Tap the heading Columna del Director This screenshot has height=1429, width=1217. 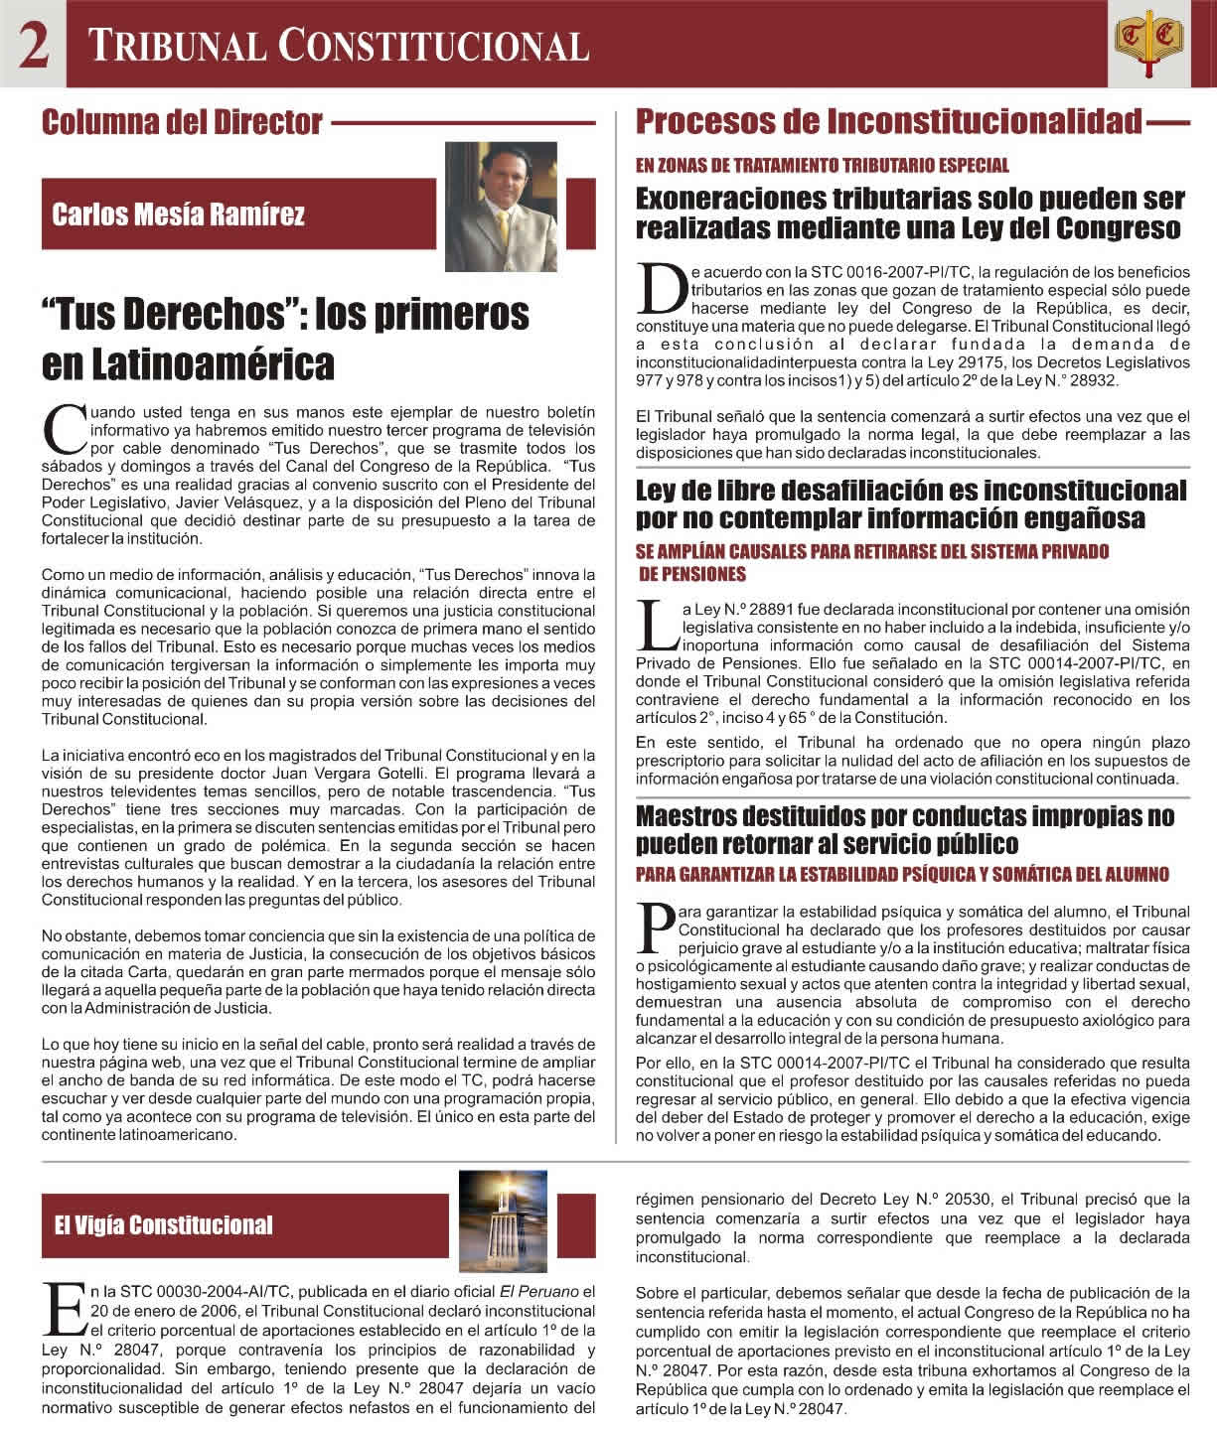tap(182, 122)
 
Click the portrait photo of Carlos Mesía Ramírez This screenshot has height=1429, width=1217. tap(500, 208)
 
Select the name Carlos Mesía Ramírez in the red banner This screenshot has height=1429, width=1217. tap(179, 214)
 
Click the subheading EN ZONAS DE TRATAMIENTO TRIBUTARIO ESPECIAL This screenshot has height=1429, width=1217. tap(822, 166)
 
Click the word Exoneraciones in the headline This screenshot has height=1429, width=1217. tap(740, 200)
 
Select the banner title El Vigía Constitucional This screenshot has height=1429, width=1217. tap(163, 1224)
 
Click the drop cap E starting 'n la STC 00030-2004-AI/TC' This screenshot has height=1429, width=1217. tap(64, 1311)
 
